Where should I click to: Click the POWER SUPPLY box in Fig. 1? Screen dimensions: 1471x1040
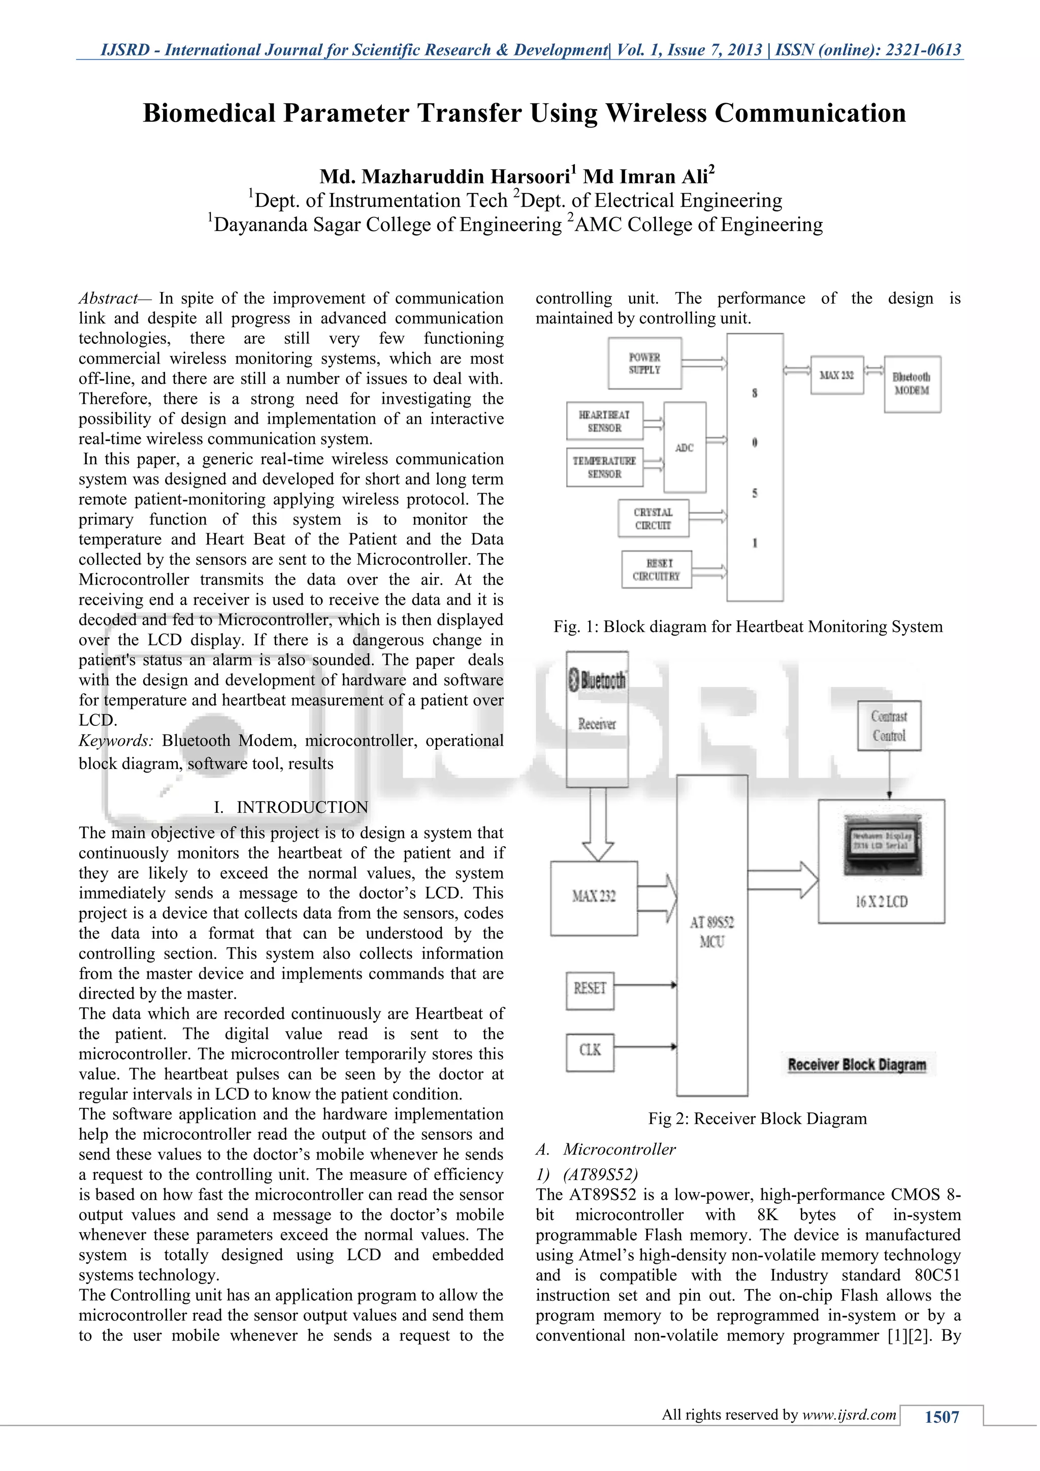[x=644, y=364]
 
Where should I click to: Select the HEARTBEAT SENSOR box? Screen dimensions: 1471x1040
[x=604, y=422]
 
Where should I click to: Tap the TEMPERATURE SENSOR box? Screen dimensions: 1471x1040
[x=604, y=468]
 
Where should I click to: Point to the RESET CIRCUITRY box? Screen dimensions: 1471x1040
[x=657, y=569]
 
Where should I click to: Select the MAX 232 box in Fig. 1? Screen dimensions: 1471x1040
[x=836, y=375]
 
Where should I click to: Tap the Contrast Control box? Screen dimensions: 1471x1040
[x=889, y=726]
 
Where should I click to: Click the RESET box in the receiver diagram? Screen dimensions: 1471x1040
[x=590, y=988]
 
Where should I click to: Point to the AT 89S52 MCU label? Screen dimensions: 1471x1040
[x=711, y=932]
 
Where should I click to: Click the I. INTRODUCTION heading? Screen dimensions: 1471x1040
[x=291, y=807]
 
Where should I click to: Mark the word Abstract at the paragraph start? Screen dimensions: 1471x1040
[x=108, y=299]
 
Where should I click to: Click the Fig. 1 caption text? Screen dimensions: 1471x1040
[x=747, y=627]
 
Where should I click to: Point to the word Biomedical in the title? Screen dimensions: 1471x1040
[x=209, y=113]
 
